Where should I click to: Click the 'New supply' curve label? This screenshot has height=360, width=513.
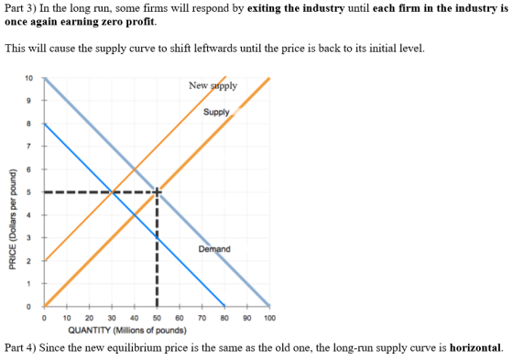coord(213,86)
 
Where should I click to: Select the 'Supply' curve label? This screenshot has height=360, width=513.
coord(216,112)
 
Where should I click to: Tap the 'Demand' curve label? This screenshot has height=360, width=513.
coord(214,249)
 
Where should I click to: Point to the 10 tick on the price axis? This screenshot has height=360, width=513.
coord(28,78)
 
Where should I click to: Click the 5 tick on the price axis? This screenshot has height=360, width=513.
coord(28,192)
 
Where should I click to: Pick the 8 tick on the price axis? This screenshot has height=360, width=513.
coord(28,124)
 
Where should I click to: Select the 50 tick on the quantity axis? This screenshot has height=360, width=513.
coord(157,318)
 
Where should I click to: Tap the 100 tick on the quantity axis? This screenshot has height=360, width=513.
coord(269,318)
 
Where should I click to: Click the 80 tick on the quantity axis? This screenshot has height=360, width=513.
coord(224,318)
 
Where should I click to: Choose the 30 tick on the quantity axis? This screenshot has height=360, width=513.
coord(112,318)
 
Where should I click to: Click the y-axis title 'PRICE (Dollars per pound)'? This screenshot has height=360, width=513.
coord(13,219)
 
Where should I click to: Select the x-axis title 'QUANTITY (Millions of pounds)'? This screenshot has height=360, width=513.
coord(127,330)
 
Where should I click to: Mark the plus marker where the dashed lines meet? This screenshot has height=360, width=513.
coord(157,192)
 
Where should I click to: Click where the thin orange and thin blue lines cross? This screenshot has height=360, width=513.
coord(112,192)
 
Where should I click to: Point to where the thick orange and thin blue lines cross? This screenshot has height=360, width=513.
coord(135,215)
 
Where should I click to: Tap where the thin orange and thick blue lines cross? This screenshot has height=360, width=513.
coord(135,169)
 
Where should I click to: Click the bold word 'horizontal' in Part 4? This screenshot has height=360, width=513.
coord(475,347)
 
